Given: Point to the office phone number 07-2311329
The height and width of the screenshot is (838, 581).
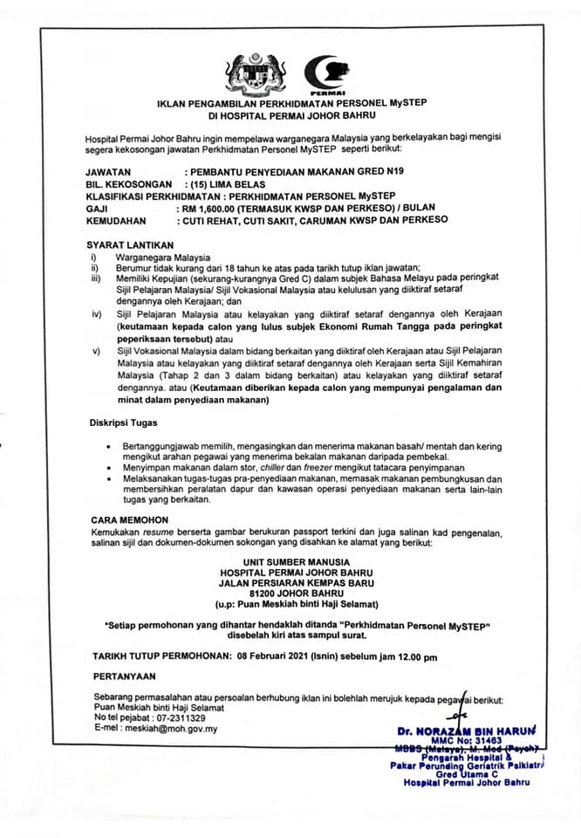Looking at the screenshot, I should point(181,718).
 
